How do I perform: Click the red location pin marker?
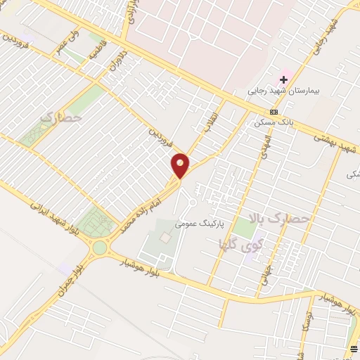pos(181,165)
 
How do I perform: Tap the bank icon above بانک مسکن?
pos(274,112)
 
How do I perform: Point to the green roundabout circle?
pos(99,247)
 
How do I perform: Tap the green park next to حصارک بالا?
pos(243,227)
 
